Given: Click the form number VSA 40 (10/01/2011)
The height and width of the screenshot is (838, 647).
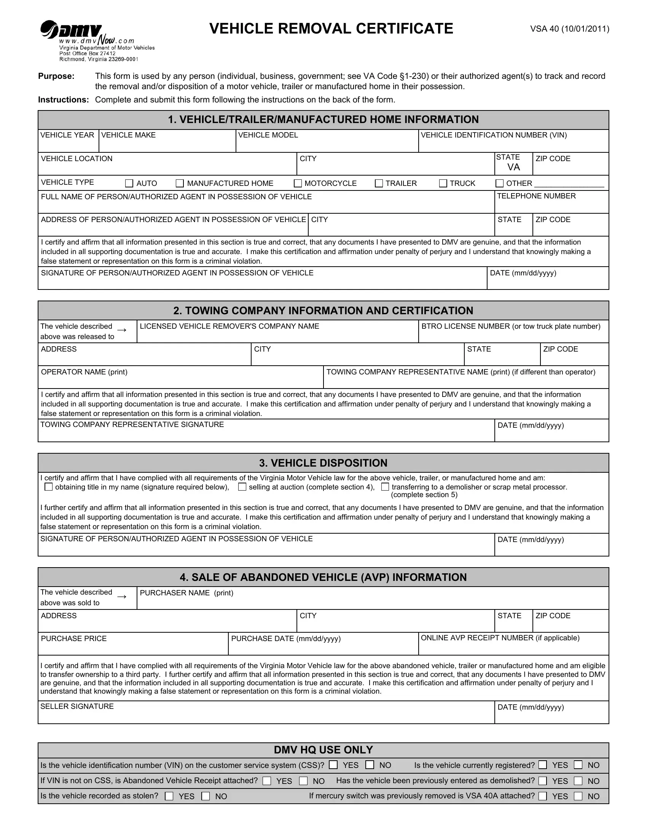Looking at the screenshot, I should pyautogui.click(x=569, y=29).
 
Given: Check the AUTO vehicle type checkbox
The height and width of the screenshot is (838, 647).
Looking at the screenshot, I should pyautogui.click(x=129, y=184).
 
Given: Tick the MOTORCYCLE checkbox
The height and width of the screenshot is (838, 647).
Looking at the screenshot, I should pyautogui.click(x=298, y=184).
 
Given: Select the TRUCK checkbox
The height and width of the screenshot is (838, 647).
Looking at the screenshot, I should pyautogui.click(x=443, y=184).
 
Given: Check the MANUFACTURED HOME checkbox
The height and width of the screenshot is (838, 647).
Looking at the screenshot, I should pyautogui.click(x=179, y=184).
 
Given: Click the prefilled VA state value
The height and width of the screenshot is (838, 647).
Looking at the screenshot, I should pyautogui.click(x=513, y=167).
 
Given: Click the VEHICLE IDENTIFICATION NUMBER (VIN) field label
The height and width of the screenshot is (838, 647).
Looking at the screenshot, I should pyautogui.click(x=493, y=135).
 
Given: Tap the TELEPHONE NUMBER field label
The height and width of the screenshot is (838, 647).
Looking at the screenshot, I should pyautogui.click(x=536, y=196).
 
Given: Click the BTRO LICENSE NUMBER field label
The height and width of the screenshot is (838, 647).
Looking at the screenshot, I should pyautogui.click(x=510, y=326).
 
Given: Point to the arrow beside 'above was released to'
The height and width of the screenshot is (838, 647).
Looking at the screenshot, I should pyautogui.click(x=122, y=330).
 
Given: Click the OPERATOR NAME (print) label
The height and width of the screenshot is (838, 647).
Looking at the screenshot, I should pyautogui.click(x=84, y=372).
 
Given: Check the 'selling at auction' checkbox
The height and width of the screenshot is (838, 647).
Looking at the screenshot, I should pyautogui.click(x=242, y=487).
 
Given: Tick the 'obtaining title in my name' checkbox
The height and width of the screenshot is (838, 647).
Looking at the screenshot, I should pyautogui.click(x=48, y=487).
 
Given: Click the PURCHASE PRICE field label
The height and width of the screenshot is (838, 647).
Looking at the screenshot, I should pyautogui.click(x=73, y=638).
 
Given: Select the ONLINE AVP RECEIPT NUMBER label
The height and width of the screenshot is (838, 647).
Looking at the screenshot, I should pyautogui.click(x=500, y=638).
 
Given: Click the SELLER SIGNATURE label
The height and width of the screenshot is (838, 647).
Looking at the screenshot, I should pyautogui.click(x=76, y=706).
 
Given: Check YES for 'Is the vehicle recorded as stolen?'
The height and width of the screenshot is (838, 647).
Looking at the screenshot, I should pyautogui.click(x=169, y=796).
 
